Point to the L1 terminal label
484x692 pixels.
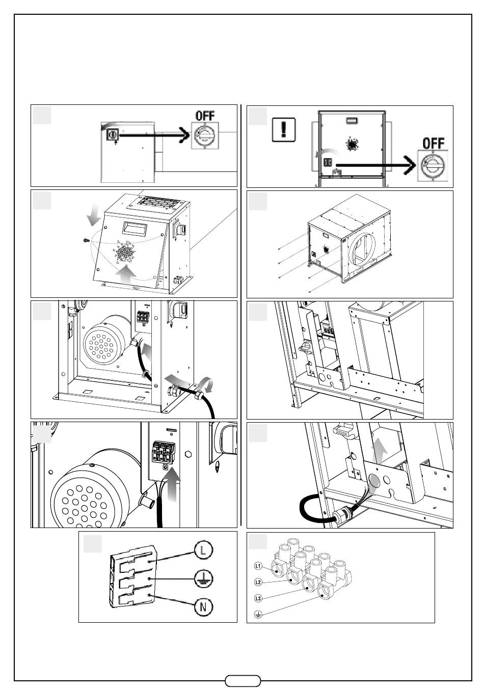pyautogui.click(x=258, y=566)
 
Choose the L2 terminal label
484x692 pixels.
pyautogui.click(x=258, y=582)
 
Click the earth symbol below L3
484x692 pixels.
pyautogui.click(x=258, y=615)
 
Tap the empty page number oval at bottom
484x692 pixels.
pyautogui.click(x=243, y=681)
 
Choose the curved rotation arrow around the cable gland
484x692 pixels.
pyautogui.click(x=207, y=382)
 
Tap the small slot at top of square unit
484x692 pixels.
pyautogui.click(x=350, y=120)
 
